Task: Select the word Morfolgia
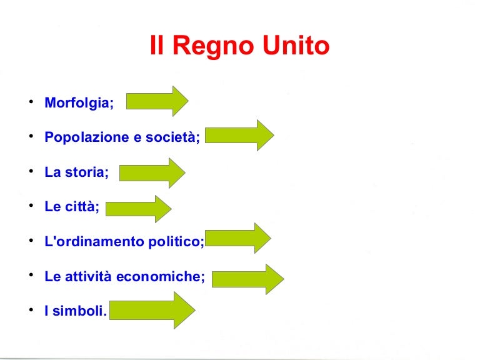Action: [78, 103]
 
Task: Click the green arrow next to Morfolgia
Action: [157, 101]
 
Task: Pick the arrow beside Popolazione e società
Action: [240, 135]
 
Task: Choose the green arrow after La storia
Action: [152, 172]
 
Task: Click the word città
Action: [81, 206]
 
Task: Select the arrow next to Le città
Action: [139, 209]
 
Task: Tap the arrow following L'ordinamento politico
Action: [238, 238]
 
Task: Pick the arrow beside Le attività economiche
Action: [248, 279]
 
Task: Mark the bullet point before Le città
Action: [30, 206]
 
